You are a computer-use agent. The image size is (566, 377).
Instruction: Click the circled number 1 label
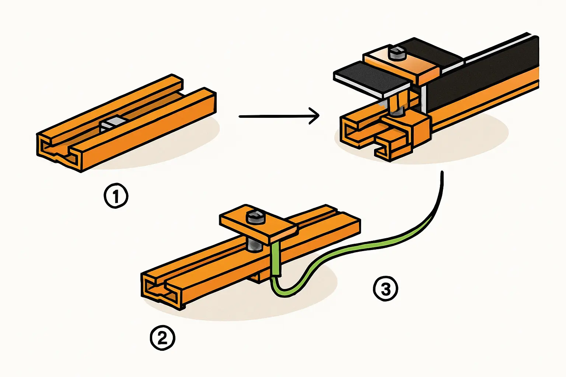tap(116, 196)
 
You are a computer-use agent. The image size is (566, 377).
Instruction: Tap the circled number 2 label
tap(163, 338)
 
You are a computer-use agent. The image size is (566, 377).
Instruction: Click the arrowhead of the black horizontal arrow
tap(315, 116)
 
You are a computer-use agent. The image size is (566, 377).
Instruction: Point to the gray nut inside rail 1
tap(112, 123)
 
